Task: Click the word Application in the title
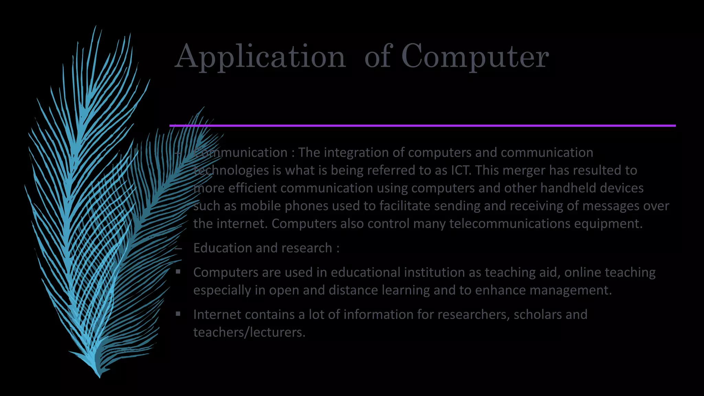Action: (x=260, y=57)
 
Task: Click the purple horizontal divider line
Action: (x=422, y=126)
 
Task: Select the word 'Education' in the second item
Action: (x=223, y=248)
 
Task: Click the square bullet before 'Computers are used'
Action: (x=178, y=272)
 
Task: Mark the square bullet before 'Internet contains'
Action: (x=178, y=314)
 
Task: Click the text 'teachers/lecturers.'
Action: (x=249, y=332)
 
